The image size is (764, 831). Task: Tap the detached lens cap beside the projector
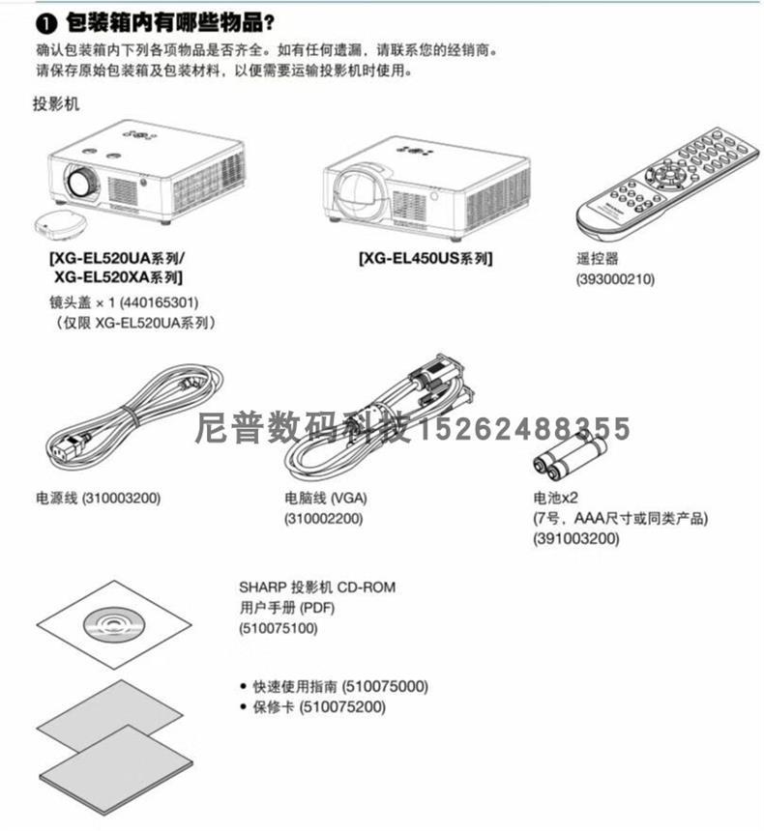coord(58,224)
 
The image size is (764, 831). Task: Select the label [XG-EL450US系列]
coord(425,259)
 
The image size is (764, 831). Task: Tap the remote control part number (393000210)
coord(614,279)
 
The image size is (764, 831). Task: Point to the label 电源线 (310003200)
coord(97,499)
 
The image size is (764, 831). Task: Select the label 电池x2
coord(555,499)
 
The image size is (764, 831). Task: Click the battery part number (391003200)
coord(575,538)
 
